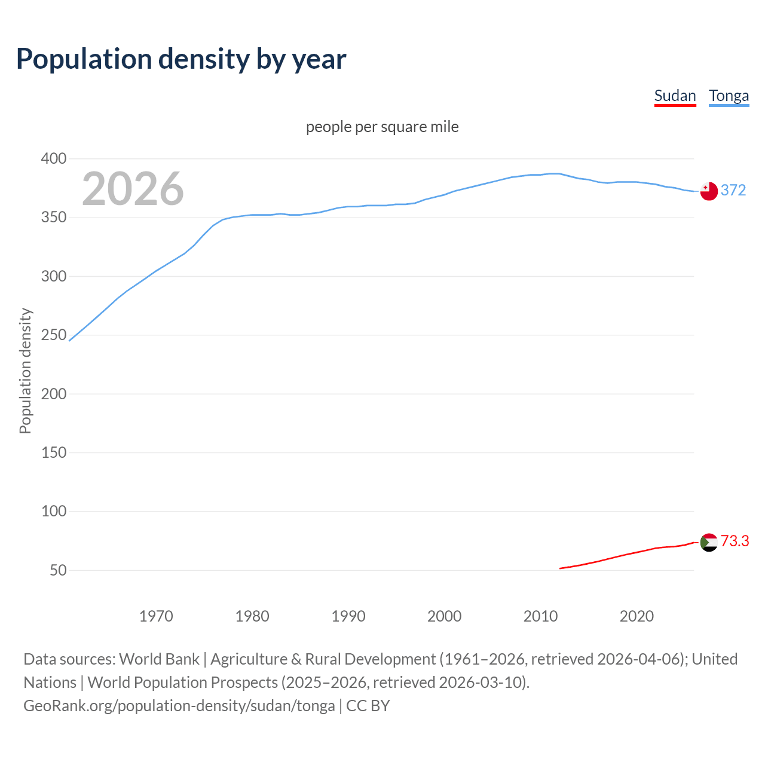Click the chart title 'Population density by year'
pos(181,59)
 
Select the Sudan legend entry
pos(675,96)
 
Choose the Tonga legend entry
pos(729,96)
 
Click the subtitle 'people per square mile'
pos(382,127)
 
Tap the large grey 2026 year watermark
pos(133,189)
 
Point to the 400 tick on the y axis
pos(53,159)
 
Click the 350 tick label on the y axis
pos(53,218)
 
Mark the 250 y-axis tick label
pos(53,335)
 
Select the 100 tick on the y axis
pos(53,512)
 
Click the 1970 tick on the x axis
pos(156,616)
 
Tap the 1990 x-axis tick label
pos(348,616)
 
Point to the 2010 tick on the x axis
pos(540,616)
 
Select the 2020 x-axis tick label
pos(637,616)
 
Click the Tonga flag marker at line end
pos(709,191)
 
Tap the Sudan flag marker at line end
pos(709,542)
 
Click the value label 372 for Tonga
pos(733,191)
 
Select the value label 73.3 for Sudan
pos(735,541)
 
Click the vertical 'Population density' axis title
pos(25,371)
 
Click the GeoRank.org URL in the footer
pos(179,706)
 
